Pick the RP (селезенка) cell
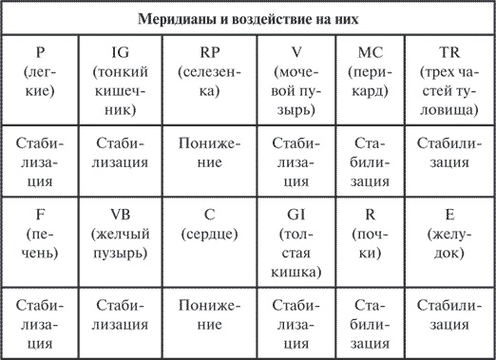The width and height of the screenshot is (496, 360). (x=204, y=71)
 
